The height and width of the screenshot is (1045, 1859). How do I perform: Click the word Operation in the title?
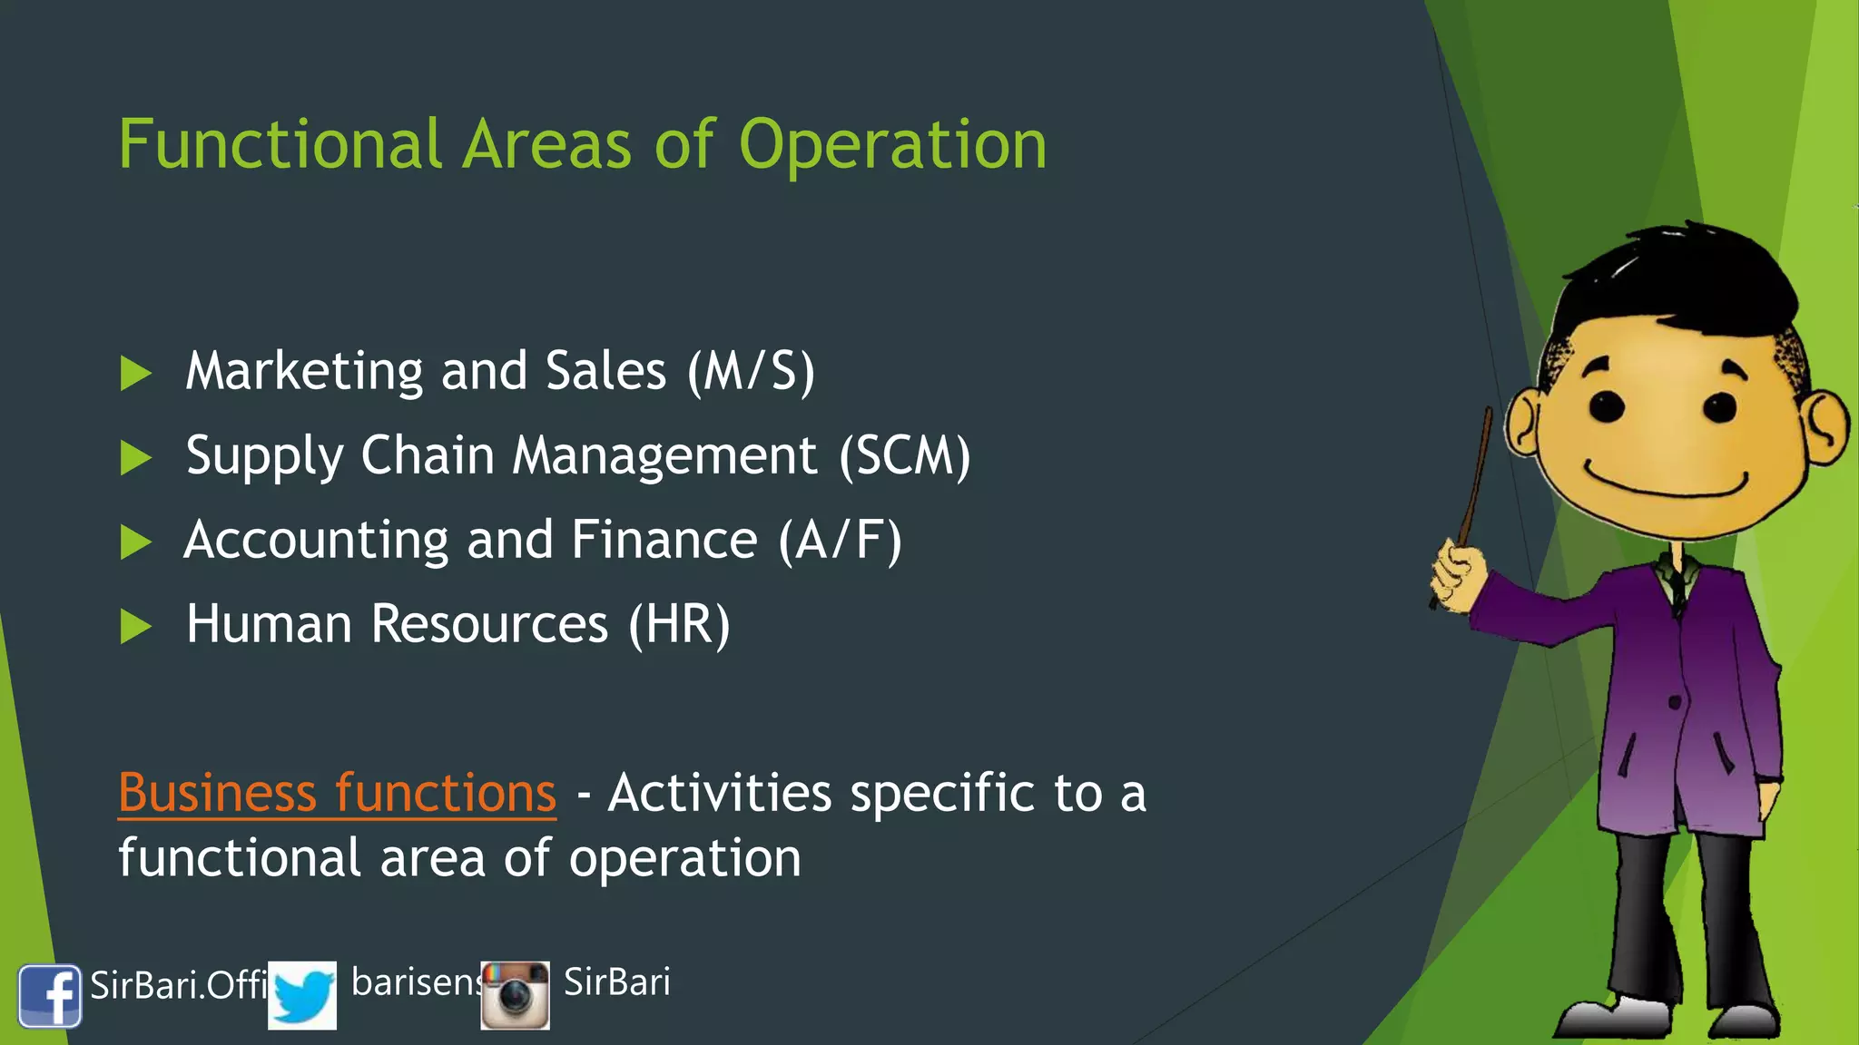coord(892,146)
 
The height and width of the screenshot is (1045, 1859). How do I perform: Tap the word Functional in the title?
coord(280,144)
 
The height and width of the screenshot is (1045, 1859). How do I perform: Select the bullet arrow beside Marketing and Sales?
coord(135,373)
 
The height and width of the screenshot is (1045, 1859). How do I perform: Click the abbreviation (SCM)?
coord(904,455)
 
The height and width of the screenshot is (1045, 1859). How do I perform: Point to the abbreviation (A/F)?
coord(840,541)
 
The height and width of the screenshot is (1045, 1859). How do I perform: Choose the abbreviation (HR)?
coord(679,625)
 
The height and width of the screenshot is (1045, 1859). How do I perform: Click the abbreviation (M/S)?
coord(751,371)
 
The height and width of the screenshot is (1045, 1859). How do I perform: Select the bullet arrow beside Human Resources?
coord(135,626)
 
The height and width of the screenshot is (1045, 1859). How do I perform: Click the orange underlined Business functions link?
coord(337,794)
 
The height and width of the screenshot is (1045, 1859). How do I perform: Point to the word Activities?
coord(719,794)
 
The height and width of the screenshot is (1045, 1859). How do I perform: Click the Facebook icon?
coord(50,995)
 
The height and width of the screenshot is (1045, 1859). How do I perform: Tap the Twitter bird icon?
coord(302,996)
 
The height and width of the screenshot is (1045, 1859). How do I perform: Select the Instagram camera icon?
coord(515,996)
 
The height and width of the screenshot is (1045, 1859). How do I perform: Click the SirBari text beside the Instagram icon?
coord(616,982)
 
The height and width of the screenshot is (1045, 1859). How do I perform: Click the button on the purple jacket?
coord(1675,702)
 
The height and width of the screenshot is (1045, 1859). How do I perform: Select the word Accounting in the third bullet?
coord(316,541)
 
